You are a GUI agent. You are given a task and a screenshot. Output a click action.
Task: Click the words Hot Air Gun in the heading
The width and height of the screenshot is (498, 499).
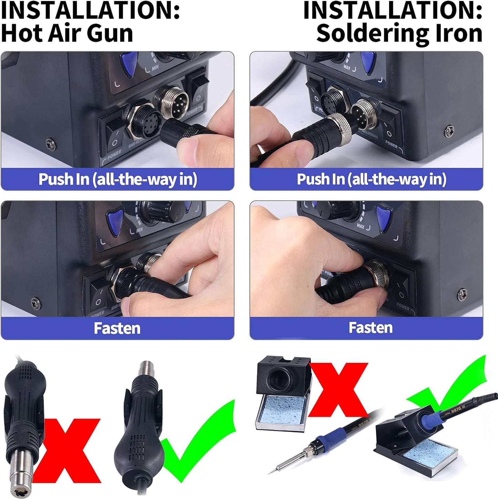[x=67, y=33]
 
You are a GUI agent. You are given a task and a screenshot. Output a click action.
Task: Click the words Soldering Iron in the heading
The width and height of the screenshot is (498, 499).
[x=399, y=33]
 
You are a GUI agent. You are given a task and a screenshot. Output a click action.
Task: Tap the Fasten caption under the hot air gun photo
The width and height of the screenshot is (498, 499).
[x=117, y=328]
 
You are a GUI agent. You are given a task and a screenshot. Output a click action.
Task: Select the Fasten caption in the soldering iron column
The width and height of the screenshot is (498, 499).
[x=370, y=328]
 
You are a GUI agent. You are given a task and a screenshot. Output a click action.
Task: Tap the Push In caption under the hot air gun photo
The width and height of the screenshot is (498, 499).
[x=117, y=179]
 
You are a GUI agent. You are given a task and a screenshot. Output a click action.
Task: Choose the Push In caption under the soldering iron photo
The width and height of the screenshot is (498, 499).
[x=371, y=179]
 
